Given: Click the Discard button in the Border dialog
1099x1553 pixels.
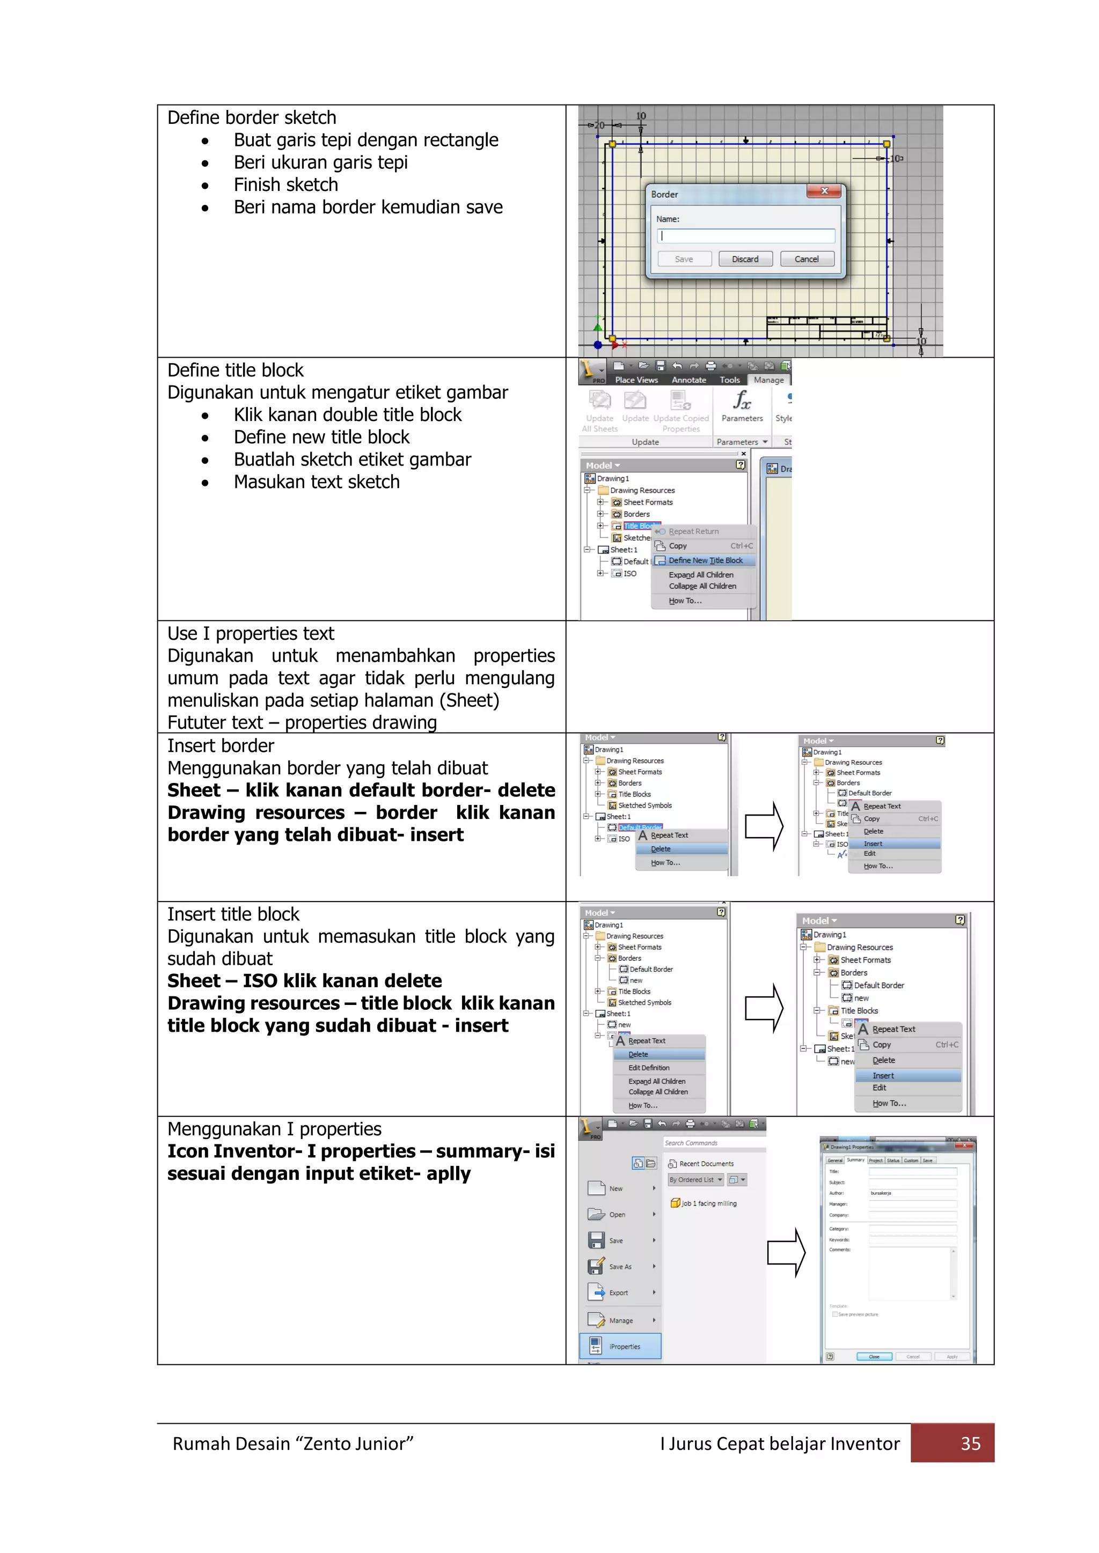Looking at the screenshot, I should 745,259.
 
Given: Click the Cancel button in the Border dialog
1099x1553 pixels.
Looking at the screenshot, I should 807,259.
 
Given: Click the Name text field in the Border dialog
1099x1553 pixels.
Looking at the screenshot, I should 746,236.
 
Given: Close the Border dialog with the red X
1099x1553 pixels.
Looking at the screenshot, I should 824,191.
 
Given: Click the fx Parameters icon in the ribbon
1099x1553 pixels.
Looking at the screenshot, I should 742,405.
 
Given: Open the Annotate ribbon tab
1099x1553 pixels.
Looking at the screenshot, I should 688,380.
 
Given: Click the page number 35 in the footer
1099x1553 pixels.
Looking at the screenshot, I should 970,1444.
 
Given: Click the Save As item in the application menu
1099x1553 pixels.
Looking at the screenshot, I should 619,1267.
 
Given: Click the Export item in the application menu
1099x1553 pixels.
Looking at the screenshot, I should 618,1292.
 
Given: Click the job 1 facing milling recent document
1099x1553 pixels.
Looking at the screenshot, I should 708,1203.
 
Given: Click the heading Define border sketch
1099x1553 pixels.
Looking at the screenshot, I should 252,117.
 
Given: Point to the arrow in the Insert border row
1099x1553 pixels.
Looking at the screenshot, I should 764,826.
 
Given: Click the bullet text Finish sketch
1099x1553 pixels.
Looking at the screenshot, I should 285,184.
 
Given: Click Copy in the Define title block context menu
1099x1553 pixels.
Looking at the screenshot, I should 677,546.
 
